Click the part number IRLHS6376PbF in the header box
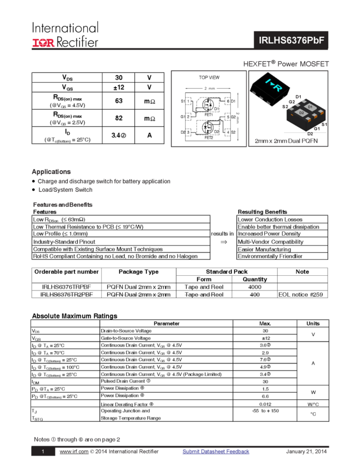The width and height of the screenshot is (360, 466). (290, 41)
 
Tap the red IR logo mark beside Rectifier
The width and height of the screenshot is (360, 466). (43, 42)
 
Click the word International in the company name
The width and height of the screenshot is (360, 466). (65, 27)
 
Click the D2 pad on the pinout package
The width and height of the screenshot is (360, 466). (301, 112)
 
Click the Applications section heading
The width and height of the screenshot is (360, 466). (52, 172)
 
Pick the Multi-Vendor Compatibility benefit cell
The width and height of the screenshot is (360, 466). (271, 241)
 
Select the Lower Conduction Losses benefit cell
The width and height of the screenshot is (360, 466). (271, 219)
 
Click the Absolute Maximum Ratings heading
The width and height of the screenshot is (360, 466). (74, 316)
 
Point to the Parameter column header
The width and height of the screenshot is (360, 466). (166, 323)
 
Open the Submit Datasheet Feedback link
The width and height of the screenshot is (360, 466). (216, 451)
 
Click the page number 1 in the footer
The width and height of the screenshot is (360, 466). (43, 452)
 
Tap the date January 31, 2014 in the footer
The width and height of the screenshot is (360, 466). (306, 451)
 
